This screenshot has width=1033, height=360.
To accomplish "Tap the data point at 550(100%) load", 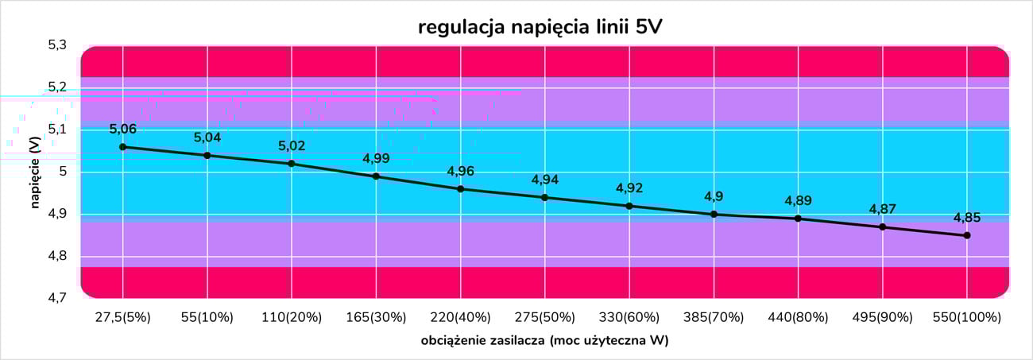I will coord(967,235).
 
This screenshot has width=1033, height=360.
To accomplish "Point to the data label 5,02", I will coord(292,146).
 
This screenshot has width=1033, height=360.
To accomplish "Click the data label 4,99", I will coord(376,159).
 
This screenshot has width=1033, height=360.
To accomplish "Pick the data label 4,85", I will coord(967,218).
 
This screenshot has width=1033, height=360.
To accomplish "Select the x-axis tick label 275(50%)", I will coord(544,317).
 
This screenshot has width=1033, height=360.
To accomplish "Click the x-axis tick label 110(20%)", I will coord(292,317).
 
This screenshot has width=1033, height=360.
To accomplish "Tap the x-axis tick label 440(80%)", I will coord(798,317).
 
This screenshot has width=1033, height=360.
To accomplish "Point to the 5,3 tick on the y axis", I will coord(57,45).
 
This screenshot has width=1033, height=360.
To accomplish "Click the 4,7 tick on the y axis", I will coord(57,299).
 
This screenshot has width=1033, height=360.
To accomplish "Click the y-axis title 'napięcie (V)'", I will coord(35,172).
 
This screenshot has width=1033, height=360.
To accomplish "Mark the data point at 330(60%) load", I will coord(629,206).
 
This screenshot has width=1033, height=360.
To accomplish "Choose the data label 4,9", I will coord(714,197).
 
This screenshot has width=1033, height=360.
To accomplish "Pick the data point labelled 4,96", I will coord(460,189).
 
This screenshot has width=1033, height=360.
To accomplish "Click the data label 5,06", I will coord(122,130).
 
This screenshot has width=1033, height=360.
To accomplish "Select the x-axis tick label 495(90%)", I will coord(882,317).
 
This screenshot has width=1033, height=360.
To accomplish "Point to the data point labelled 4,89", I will coord(798,219).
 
